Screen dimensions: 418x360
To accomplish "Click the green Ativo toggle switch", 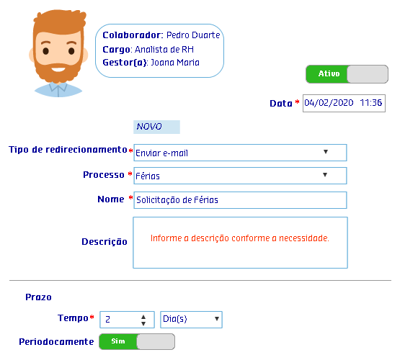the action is pyautogui.click(x=347, y=74).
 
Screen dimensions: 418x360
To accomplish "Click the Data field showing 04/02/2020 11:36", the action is pyautogui.click(x=344, y=103).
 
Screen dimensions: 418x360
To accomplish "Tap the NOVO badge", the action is pyautogui.click(x=156, y=127).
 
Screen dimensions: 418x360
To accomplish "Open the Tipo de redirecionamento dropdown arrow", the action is pyautogui.click(x=326, y=152).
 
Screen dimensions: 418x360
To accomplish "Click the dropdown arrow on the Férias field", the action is pyautogui.click(x=325, y=175).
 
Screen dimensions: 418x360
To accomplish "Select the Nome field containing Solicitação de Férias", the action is pyautogui.click(x=240, y=200).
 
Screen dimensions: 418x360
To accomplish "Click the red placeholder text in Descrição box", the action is pyautogui.click(x=240, y=238).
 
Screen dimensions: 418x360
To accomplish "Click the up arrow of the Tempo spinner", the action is pyautogui.click(x=143, y=317).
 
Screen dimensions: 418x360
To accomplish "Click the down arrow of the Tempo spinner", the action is pyautogui.click(x=143, y=323).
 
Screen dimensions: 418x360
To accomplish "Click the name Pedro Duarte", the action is pyautogui.click(x=193, y=35).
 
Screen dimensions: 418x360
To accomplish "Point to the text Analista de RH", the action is pyautogui.click(x=164, y=50).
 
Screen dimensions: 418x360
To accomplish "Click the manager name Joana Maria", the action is pyautogui.click(x=175, y=63).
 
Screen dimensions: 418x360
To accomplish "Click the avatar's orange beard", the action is pyautogui.click(x=58, y=73).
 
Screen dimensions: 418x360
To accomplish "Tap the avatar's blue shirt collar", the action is pyautogui.click(x=58, y=88).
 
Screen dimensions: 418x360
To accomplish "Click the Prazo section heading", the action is pyautogui.click(x=38, y=297).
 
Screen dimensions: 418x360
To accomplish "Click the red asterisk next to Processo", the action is pyautogui.click(x=130, y=174).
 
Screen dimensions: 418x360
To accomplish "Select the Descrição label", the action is pyautogui.click(x=104, y=241).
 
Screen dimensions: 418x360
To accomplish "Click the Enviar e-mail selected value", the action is pyautogui.click(x=162, y=153).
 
